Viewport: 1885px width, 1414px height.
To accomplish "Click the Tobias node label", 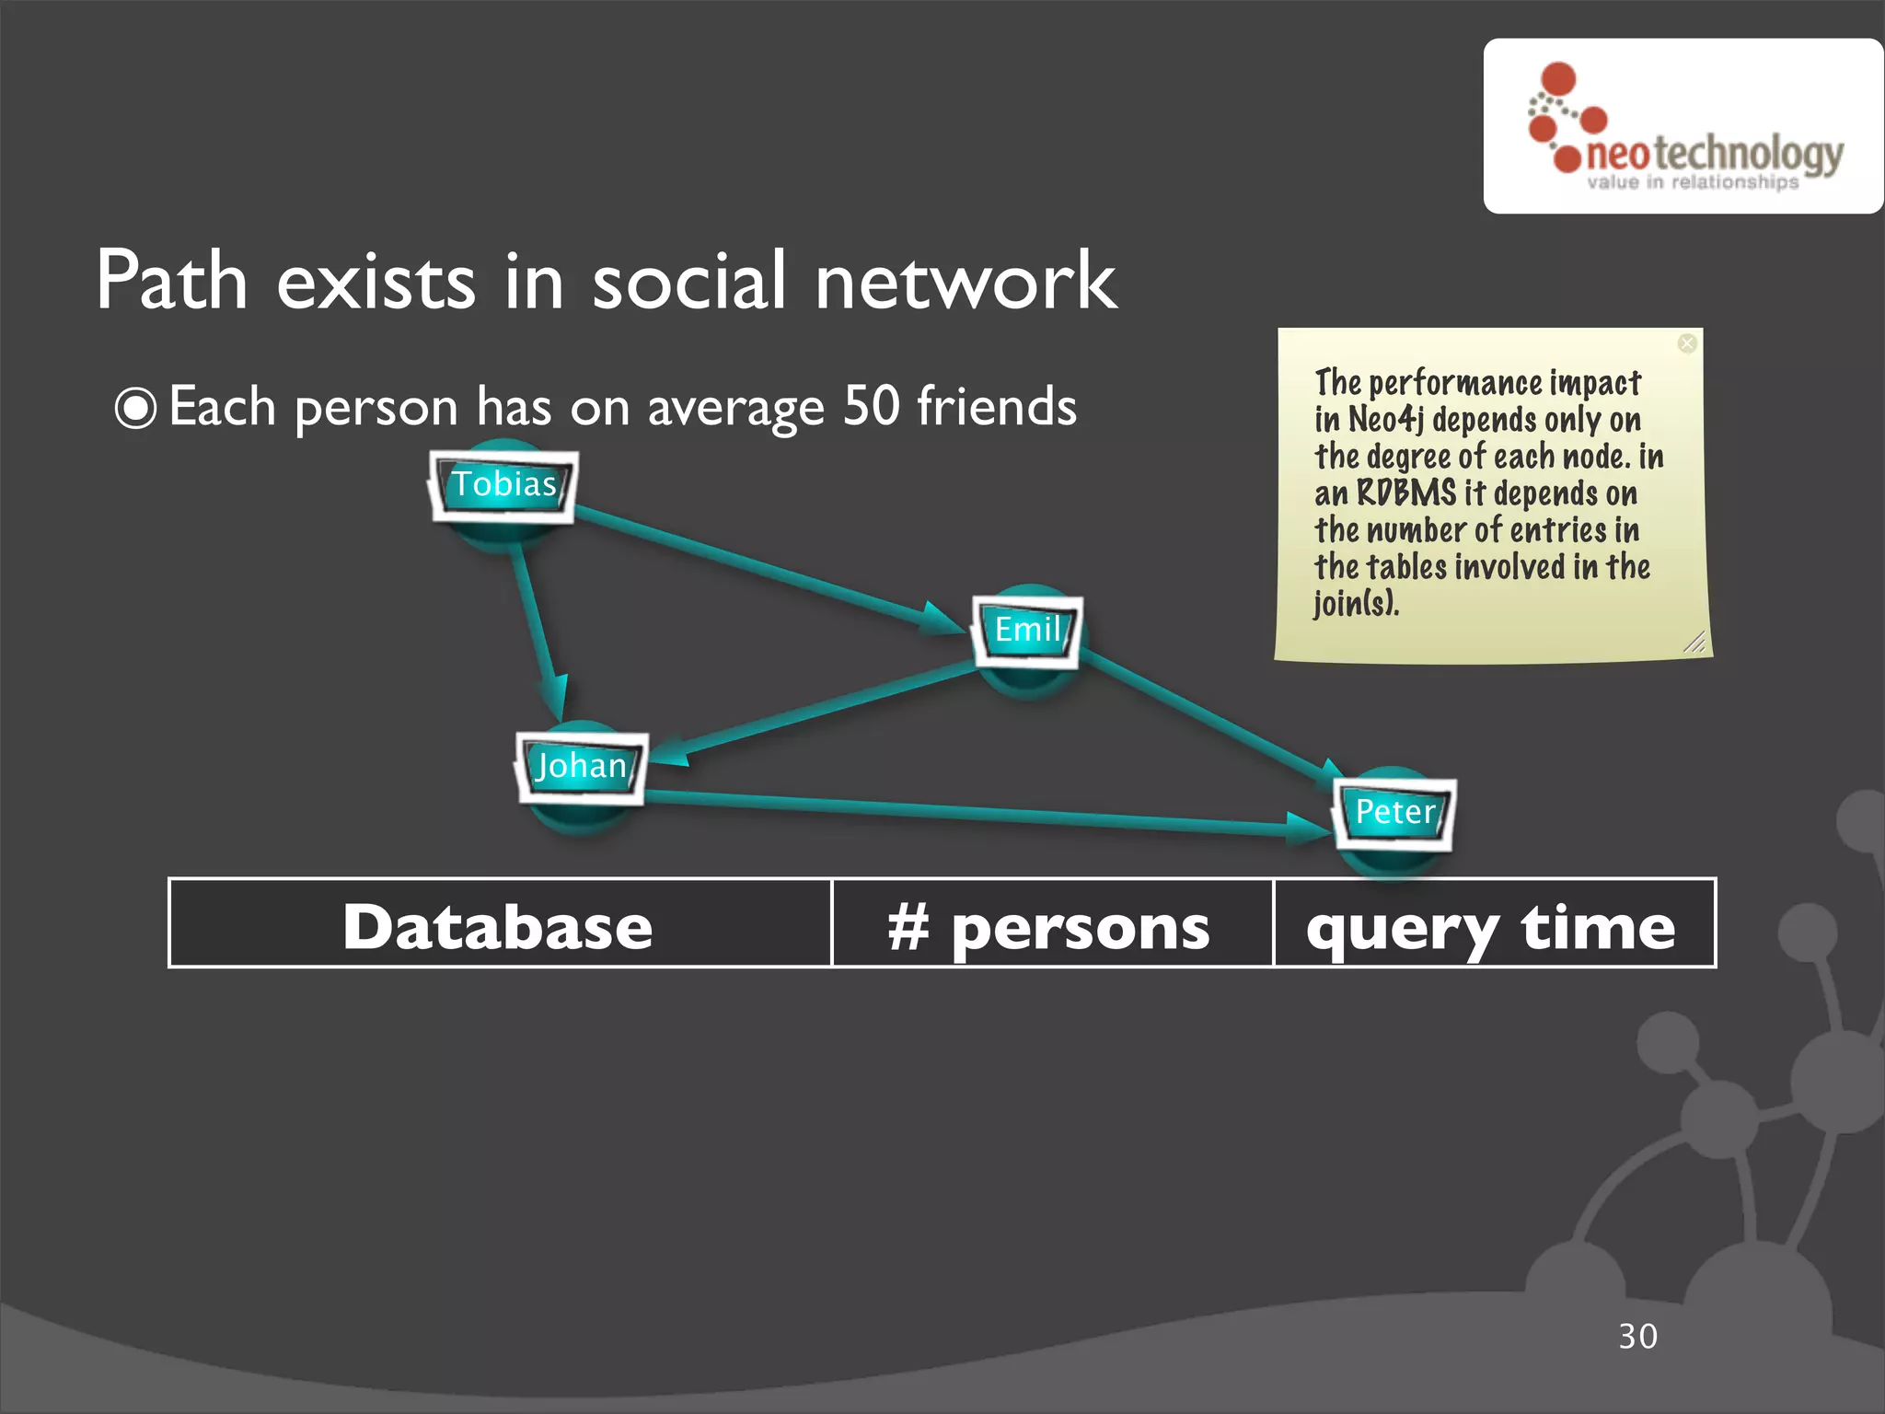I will pyautogui.click(x=503, y=484).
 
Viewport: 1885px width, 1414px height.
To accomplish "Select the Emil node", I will pyautogui.click(x=1027, y=631).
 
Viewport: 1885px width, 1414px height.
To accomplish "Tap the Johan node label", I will pyautogui.click(x=581, y=766).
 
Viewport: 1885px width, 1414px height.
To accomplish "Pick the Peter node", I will pyautogui.click(x=1394, y=812).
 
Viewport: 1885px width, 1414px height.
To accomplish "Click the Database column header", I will pyautogui.click(x=498, y=926).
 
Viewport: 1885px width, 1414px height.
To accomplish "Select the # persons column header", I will pyautogui.click(x=1049, y=926).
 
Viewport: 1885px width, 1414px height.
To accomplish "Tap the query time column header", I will pyautogui.click(x=1491, y=926).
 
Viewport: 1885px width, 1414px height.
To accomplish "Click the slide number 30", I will pyautogui.click(x=1637, y=1336).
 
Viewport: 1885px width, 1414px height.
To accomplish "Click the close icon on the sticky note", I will pyautogui.click(x=1686, y=343).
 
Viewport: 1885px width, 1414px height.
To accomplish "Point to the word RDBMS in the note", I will pyautogui.click(x=1406, y=493).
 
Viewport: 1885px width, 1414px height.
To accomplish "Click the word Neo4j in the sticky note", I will pyautogui.click(x=1385, y=420).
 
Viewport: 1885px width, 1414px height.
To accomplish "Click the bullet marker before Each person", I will pyautogui.click(x=135, y=408).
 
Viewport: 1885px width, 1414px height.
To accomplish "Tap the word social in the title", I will pyautogui.click(x=688, y=281).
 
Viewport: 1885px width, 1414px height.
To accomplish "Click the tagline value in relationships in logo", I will pyautogui.click(x=1692, y=182).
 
